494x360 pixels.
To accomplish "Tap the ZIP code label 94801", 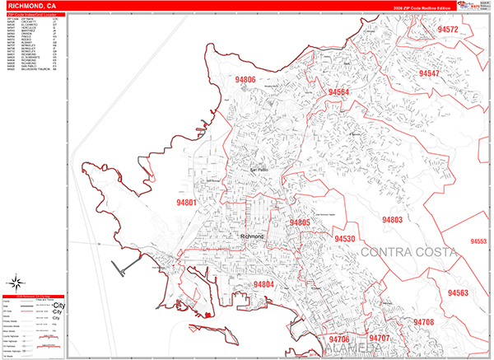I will tap(187, 202).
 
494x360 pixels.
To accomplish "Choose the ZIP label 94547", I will tap(434, 73).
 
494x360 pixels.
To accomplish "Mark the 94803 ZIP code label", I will tap(391, 220).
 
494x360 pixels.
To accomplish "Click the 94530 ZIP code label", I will tap(344, 239).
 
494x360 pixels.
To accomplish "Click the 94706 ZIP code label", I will tap(338, 339).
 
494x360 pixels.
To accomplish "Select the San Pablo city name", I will tap(259, 170).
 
